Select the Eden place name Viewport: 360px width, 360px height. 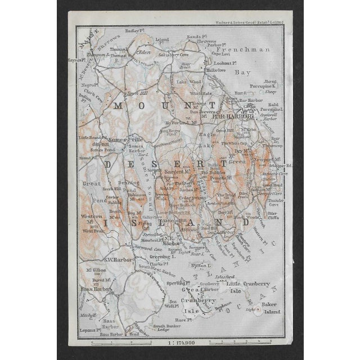tap(145, 52)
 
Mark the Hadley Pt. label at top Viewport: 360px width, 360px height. tap(136, 32)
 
